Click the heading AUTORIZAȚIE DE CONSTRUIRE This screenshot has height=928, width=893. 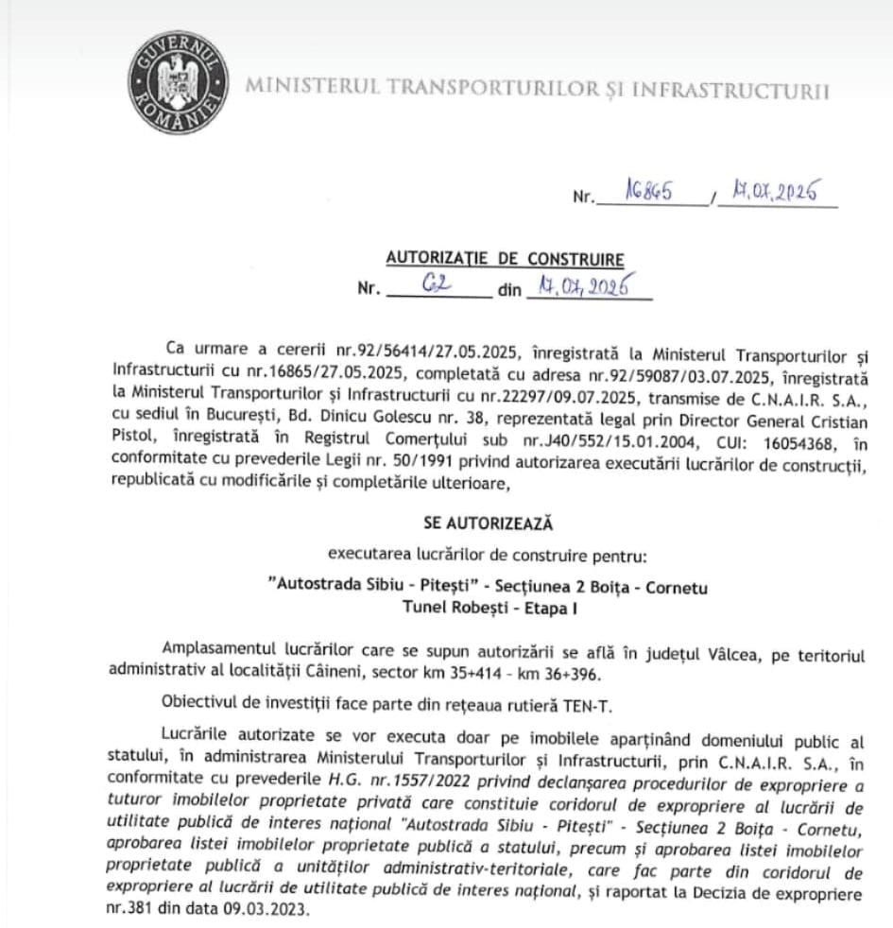(506, 259)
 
